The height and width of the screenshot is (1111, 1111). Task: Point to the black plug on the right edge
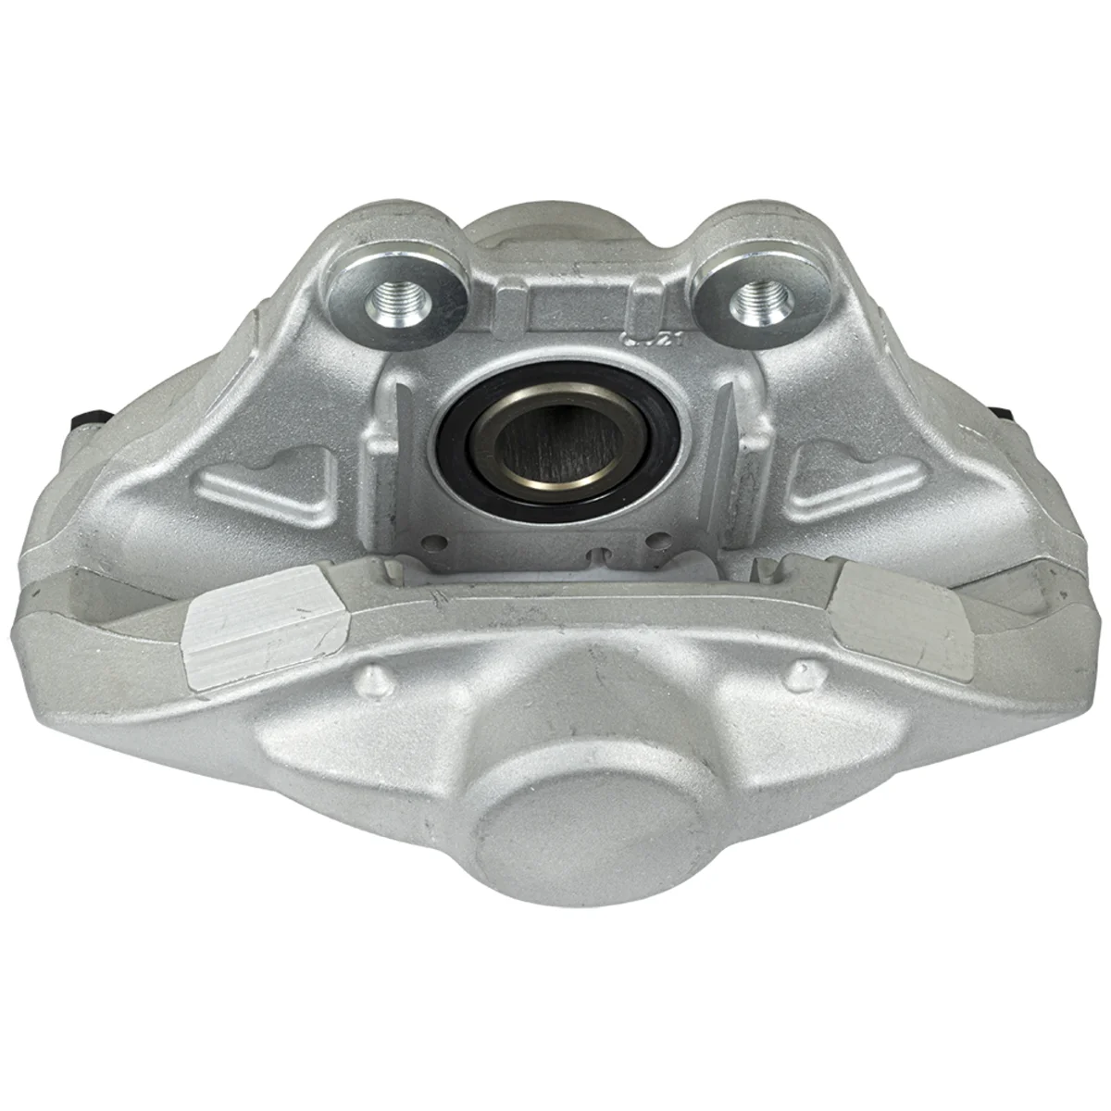click(x=997, y=411)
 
